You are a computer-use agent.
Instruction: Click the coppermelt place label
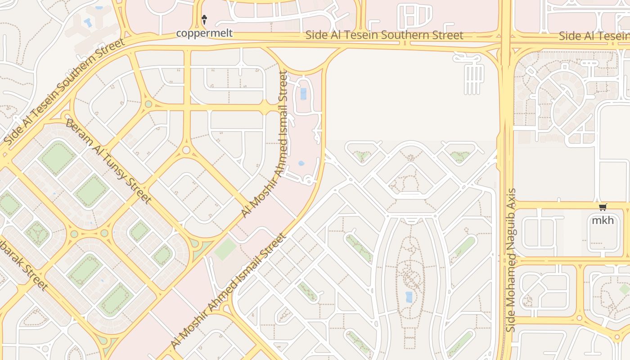tap(204, 33)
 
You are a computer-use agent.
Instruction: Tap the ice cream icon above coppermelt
tap(204, 19)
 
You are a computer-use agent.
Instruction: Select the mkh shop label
tap(603, 220)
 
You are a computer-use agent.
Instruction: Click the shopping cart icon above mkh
tap(603, 207)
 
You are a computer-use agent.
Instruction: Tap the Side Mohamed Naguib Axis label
tap(511, 260)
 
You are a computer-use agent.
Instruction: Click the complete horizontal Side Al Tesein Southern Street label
tap(384, 36)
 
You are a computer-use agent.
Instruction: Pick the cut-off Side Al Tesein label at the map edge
tap(594, 36)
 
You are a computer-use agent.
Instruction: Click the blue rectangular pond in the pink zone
tap(303, 94)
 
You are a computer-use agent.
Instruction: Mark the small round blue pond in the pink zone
tap(301, 163)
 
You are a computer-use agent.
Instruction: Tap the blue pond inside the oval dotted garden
tap(409, 297)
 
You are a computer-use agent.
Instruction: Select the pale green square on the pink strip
tap(225, 249)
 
